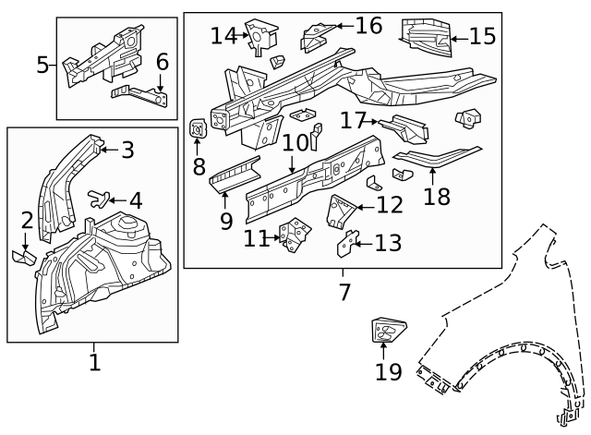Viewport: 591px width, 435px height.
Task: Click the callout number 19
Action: pyautogui.click(x=389, y=371)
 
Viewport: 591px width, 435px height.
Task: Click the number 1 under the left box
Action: pyautogui.click(x=93, y=361)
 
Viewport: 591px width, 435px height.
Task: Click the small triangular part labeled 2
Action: pyautogui.click(x=25, y=256)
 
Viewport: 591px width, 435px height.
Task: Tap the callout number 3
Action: pyautogui.click(x=127, y=149)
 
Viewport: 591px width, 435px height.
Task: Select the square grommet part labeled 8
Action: pyautogui.click(x=197, y=130)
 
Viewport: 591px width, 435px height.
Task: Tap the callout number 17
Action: pyautogui.click(x=354, y=121)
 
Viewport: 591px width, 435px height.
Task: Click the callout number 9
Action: pyautogui.click(x=225, y=221)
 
